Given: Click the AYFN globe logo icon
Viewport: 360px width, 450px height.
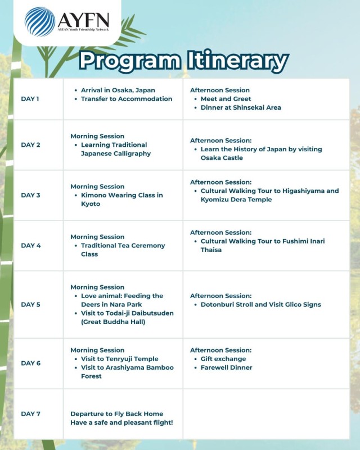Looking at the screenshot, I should pyautogui.click(x=39, y=21).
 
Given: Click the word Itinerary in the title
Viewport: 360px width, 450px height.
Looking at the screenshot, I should pyautogui.click(x=236, y=60).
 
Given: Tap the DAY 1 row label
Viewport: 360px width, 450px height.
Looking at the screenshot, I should pyautogui.click(x=30, y=99).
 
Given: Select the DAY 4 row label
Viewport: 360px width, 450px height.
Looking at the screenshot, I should pyautogui.click(x=30, y=246).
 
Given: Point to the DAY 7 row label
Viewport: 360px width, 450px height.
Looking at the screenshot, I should pyautogui.click(x=30, y=414).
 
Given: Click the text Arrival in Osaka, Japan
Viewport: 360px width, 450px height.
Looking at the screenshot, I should pyautogui.click(x=118, y=90).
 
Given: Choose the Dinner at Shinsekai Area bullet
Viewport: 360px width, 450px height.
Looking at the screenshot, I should pyautogui.click(x=241, y=107).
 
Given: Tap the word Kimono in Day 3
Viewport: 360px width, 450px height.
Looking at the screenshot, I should pyautogui.click(x=93, y=195).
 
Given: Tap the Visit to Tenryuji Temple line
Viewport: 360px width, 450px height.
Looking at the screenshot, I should pyautogui.click(x=119, y=359).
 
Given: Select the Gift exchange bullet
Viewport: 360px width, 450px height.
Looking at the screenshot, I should pyautogui.click(x=223, y=359).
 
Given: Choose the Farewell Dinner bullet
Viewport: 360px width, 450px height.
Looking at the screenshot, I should pyautogui.click(x=226, y=368).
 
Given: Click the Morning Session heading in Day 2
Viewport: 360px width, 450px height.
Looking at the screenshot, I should pyautogui.click(x=97, y=136).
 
